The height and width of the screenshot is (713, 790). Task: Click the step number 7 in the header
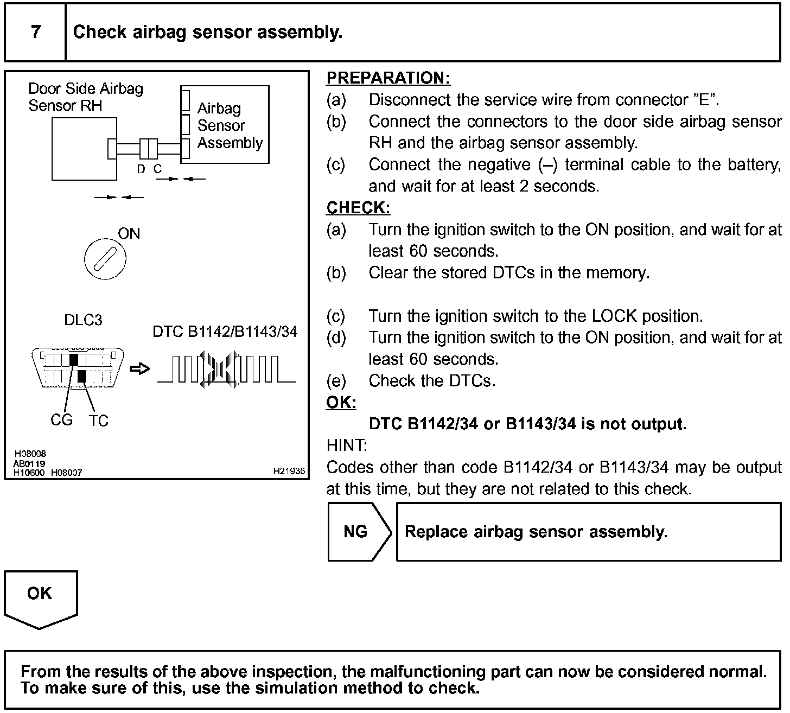(36, 32)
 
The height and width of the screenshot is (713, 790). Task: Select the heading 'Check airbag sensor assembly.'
(207, 32)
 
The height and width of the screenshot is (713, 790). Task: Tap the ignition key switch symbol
(105, 259)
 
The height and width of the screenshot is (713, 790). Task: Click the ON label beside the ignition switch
(129, 234)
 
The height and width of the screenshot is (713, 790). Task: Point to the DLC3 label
(83, 320)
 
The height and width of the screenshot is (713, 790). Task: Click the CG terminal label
(61, 420)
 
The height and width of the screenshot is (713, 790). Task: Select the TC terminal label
(99, 421)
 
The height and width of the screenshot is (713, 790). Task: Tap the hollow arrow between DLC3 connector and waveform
(140, 369)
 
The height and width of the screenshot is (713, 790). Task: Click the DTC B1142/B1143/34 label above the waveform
(225, 332)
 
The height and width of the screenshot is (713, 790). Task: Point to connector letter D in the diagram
(141, 169)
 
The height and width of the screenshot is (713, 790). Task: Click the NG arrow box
(358, 532)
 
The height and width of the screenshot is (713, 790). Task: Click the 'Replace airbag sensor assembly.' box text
(536, 532)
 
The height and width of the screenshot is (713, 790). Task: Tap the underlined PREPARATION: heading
(388, 78)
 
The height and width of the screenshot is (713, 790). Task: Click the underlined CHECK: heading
(358, 208)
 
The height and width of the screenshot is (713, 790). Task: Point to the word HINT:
(347, 446)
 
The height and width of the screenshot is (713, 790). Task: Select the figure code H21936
(289, 472)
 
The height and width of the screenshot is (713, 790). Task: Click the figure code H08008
(30, 454)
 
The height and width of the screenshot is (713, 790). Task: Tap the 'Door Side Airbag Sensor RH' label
(85, 97)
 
